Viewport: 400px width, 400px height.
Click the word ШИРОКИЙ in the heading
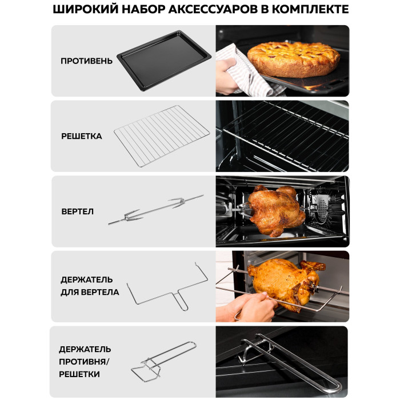(86, 10)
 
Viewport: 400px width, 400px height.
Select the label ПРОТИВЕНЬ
(86, 61)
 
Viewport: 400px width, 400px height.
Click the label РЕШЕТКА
(82, 136)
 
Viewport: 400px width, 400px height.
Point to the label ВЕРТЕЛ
(78, 211)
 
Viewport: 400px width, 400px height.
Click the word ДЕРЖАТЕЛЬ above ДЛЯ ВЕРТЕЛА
(87, 279)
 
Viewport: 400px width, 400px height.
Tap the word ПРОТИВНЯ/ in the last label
(84, 362)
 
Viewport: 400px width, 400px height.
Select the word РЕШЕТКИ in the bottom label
(79, 374)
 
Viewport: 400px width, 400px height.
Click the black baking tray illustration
(164, 60)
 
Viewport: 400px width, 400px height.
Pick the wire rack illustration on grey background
(162, 136)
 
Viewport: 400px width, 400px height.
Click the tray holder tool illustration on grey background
(163, 362)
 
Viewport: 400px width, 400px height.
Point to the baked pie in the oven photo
(293, 59)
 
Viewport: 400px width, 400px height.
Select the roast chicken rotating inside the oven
(276, 211)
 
